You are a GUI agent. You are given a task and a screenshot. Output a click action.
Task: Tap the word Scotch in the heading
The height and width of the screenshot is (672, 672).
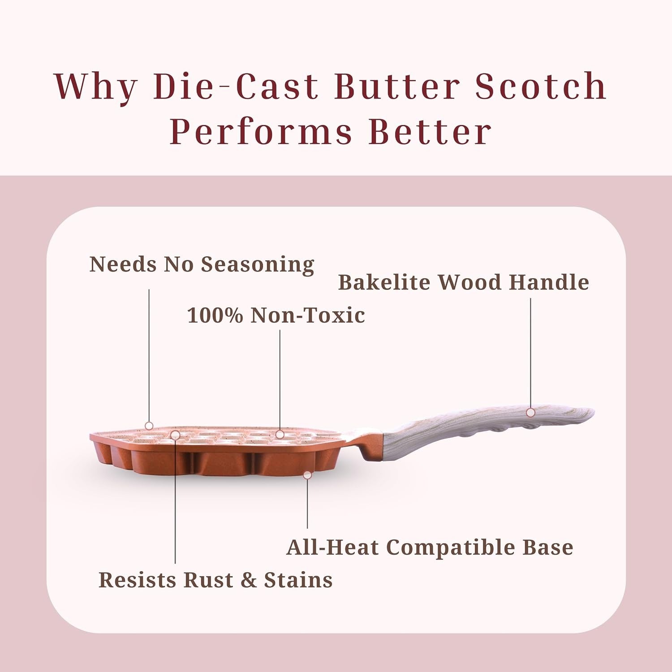[541, 86]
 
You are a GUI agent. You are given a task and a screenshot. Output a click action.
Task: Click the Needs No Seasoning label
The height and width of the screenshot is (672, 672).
[202, 264]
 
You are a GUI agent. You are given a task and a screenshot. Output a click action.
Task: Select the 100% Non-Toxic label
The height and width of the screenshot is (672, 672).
[276, 315]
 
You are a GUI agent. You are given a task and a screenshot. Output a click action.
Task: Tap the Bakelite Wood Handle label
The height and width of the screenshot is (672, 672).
[463, 282]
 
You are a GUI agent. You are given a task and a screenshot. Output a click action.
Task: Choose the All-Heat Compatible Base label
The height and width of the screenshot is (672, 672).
[430, 547]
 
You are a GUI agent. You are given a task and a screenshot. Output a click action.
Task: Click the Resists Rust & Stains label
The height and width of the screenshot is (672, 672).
[215, 580]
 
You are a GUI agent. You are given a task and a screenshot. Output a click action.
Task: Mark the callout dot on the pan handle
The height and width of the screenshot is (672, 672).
[531, 412]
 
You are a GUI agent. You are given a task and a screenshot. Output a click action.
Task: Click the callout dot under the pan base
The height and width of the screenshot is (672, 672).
[307, 475]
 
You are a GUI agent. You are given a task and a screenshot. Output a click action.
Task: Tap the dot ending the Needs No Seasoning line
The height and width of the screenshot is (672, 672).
[149, 426]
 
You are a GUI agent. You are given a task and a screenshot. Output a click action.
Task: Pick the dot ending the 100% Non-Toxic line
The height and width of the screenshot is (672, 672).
[280, 434]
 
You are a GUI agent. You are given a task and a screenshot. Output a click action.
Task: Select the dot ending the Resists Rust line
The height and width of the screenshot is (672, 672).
[175, 435]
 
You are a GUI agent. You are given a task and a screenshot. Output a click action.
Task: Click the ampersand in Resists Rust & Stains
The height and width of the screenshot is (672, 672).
[249, 580]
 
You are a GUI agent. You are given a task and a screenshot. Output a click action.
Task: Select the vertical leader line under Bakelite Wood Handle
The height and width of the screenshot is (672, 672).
[531, 353]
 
